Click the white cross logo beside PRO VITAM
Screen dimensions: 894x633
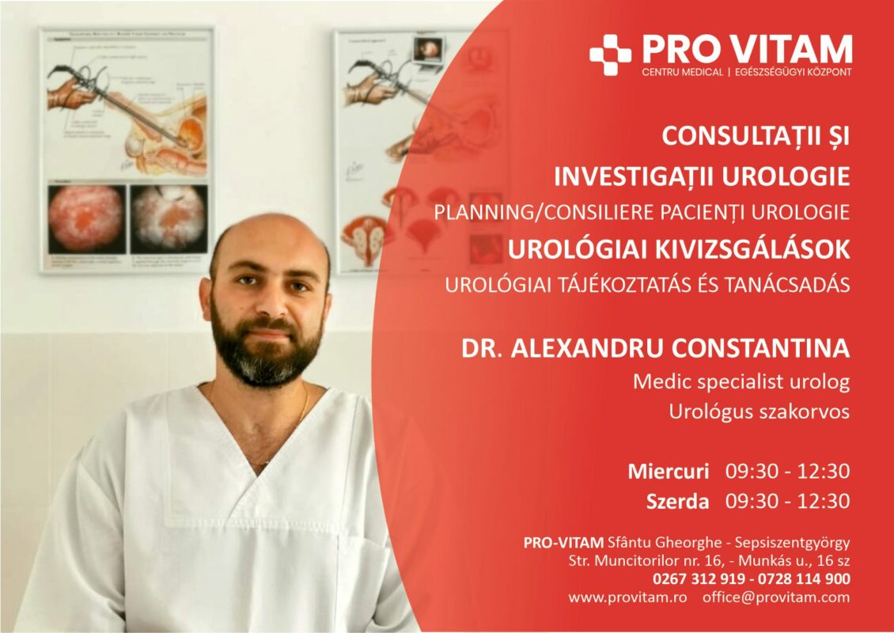610,55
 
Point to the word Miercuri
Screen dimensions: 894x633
669,472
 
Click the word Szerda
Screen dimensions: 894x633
677,502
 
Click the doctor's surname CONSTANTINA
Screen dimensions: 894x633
760,348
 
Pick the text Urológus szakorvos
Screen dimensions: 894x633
760,411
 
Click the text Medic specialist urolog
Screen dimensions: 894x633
741,381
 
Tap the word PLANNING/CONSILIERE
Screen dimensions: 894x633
544,213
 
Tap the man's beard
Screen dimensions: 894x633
267,348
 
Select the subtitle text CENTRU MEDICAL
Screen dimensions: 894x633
682,73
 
